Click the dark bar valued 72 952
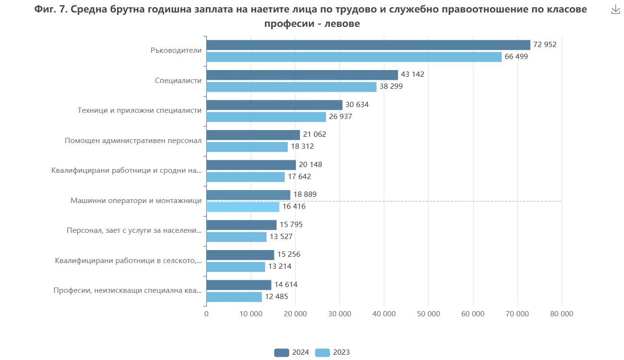click(x=368, y=45)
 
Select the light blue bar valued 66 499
click(x=354, y=57)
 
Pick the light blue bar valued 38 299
click(x=291, y=87)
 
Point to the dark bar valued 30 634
click(x=275, y=105)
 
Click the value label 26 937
click(x=341, y=117)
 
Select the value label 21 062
click(x=315, y=134)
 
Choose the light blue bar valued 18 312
click(x=247, y=147)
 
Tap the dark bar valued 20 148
click(x=251, y=165)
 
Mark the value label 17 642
click(x=300, y=177)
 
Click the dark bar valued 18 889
click(x=248, y=194)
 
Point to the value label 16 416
click(x=294, y=207)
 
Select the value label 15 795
click(x=290, y=225)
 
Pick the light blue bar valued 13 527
click(x=237, y=237)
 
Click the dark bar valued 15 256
click(x=241, y=254)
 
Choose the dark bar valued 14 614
click(x=239, y=285)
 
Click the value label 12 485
click(x=276, y=297)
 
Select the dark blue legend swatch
click(x=281, y=352)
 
